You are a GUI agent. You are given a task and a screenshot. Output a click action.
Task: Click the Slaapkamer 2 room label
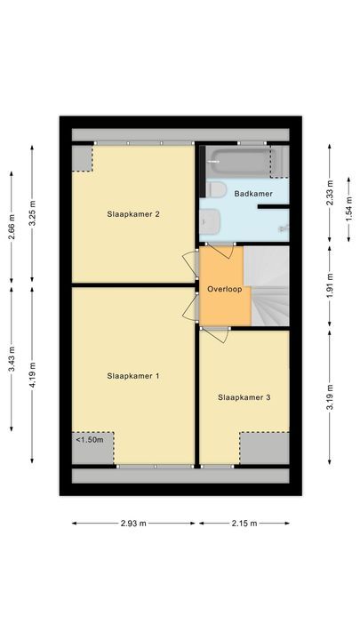pos(132,214)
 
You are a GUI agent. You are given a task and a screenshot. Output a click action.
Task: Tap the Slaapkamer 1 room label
pos(132,376)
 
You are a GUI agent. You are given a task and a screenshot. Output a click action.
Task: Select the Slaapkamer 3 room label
pos(244,397)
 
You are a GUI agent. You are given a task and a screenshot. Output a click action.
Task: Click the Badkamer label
pos(252,193)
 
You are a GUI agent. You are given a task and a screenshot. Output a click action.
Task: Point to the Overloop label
pos(224,290)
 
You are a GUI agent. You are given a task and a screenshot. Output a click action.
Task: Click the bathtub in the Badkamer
pos(245,164)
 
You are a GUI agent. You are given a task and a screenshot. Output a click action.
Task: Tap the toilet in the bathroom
pos(216,188)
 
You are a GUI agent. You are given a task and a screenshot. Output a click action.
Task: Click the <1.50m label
pos(90,439)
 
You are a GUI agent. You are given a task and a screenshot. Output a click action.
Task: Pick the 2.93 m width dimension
pos(135,524)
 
